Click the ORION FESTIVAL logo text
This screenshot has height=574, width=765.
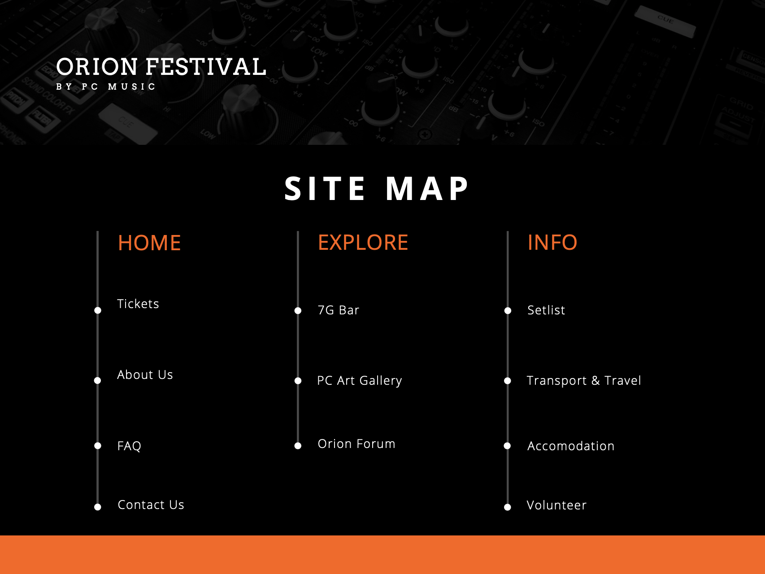pos(161,67)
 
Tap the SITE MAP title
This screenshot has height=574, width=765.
pos(377,189)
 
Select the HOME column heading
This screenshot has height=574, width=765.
pos(149,243)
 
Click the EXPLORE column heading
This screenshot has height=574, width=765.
pos(363,243)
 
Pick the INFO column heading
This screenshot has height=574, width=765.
pos(552,243)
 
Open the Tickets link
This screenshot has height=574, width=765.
pos(138,304)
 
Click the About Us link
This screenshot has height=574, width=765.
pos(145,375)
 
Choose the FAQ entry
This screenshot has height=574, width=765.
pos(129,446)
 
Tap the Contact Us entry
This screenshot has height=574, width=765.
pos(151,505)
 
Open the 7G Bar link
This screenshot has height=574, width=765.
pos(338,310)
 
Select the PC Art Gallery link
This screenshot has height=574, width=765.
pos(359,381)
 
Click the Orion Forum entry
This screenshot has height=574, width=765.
pos(356,444)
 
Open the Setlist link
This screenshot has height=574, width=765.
pos(546,310)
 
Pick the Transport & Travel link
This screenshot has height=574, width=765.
pos(584,381)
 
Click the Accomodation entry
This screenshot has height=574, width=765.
pos(571,446)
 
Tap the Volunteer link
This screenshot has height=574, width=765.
pos(556,505)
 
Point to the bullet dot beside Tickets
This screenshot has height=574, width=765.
pos(98,310)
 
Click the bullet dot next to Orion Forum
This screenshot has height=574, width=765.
pos(298,446)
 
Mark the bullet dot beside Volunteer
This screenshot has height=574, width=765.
pos(508,507)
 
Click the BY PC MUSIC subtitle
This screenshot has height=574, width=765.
pos(106,87)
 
